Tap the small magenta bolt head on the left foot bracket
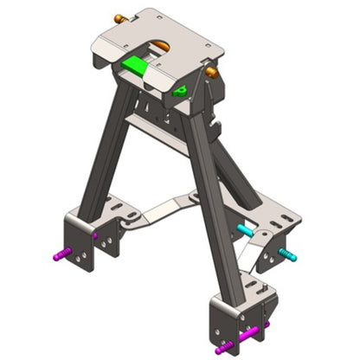95,235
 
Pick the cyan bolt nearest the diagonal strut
245,231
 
